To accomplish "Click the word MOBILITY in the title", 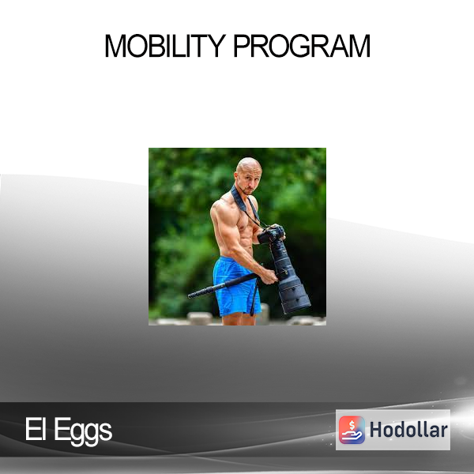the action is point(165,46).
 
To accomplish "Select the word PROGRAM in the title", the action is point(302,46).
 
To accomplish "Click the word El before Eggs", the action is point(36,429).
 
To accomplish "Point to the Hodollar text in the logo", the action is point(408,430).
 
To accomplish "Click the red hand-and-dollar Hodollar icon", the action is point(352,430).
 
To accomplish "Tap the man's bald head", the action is point(249,166).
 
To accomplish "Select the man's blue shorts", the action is point(236,286).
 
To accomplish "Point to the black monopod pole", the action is point(223,286).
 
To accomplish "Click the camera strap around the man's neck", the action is point(246,206).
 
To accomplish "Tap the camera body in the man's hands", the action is point(271,234).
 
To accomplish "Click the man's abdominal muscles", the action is point(246,239).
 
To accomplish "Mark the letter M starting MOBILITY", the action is point(115,46).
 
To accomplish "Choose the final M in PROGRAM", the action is point(359,46).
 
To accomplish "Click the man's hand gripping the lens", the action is point(269,276).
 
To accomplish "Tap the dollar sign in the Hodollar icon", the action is point(352,425).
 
